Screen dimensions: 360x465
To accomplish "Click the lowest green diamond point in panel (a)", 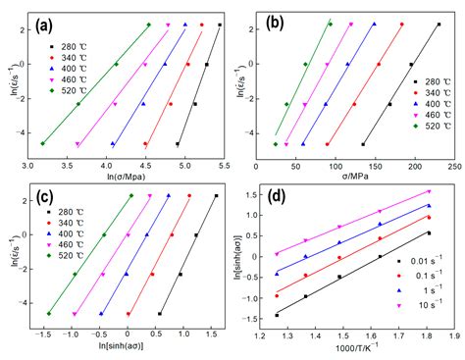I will pos(42,143).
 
